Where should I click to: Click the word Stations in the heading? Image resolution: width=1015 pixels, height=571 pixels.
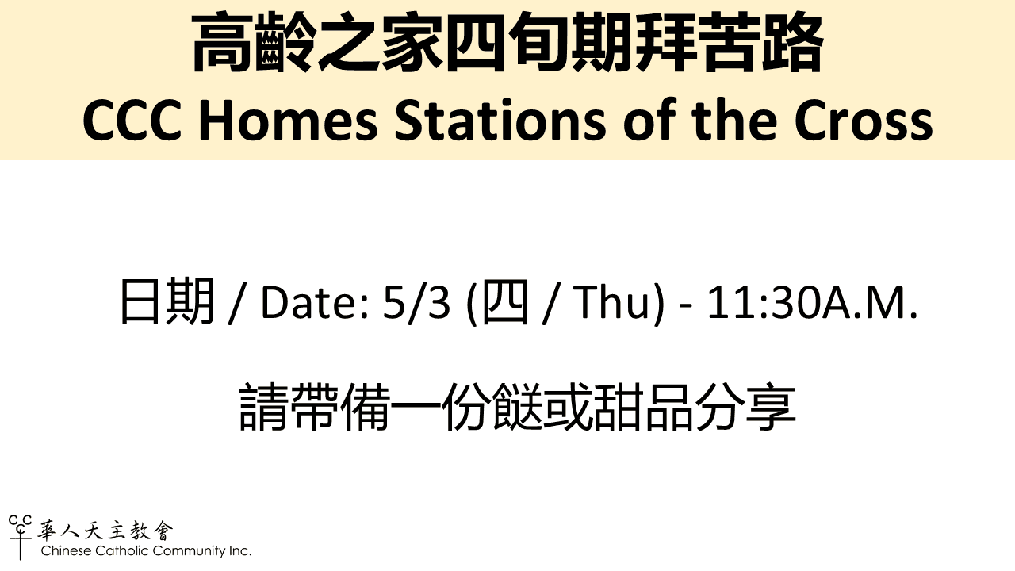click(500, 120)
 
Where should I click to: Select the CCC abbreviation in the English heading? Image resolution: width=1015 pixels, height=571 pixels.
click(132, 120)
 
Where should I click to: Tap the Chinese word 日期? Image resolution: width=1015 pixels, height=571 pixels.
click(167, 302)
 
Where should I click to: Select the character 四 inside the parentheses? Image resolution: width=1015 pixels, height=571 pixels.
click(505, 302)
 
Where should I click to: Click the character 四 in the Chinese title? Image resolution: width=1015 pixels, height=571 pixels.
click(476, 44)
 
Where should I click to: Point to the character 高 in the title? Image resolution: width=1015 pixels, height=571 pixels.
click(222, 44)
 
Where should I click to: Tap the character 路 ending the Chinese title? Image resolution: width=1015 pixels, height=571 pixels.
click(793, 44)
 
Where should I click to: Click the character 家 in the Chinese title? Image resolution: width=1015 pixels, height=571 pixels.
click(412, 44)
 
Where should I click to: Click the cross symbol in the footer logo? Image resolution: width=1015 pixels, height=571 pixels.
click(21, 545)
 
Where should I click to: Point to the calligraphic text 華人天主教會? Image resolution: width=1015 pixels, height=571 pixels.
click(105, 531)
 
